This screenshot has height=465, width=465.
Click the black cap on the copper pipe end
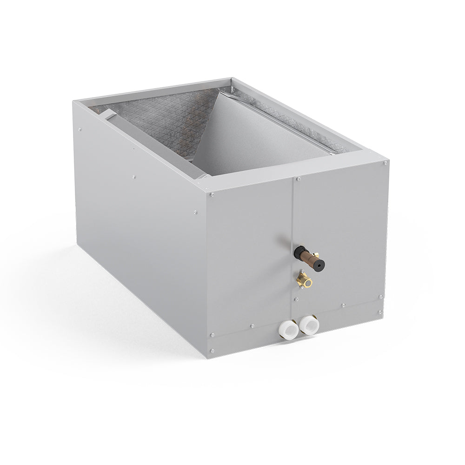tap(319, 265)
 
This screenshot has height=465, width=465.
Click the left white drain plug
tap(288, 329)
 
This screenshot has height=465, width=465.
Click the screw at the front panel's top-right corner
tap(385, 163)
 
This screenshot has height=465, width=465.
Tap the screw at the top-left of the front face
tap(212, 194)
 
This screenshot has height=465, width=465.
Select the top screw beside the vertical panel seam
tap(298, 179)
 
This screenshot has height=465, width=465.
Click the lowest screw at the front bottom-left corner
tap(212, 351)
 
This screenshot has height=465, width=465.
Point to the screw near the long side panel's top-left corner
tap(80, 129)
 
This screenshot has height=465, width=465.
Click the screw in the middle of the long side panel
tap(134, 177)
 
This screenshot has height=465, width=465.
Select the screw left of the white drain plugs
tap(252, 325)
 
